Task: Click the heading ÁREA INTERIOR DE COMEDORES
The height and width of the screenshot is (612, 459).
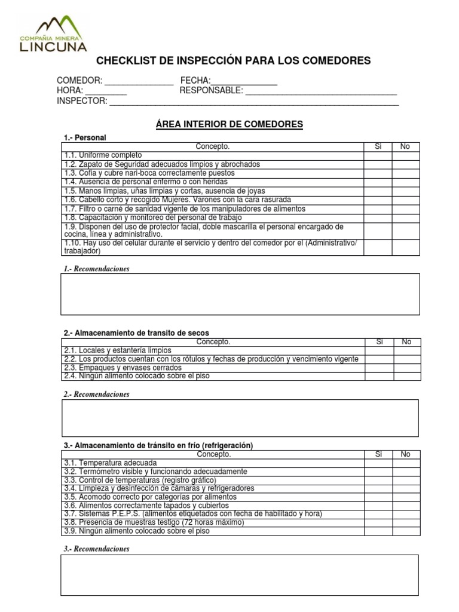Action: (229, 124)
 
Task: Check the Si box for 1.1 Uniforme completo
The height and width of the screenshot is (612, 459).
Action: (378, 155)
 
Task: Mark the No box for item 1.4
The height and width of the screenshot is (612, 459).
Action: (406, 182)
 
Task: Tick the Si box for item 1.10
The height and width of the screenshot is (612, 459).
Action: (378, 247)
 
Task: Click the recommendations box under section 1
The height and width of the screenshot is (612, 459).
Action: (240, 294)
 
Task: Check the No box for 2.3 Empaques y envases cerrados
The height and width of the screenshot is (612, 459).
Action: (407, 368)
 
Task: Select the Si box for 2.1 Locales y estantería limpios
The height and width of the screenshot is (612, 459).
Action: (379, 350)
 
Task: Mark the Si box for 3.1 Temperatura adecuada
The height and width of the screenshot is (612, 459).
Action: (378, 463)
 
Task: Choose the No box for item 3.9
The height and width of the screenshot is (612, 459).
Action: (406, 531)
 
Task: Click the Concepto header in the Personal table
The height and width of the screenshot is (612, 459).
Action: (212, 146)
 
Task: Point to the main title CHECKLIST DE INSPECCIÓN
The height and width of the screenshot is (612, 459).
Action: (234, 61)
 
